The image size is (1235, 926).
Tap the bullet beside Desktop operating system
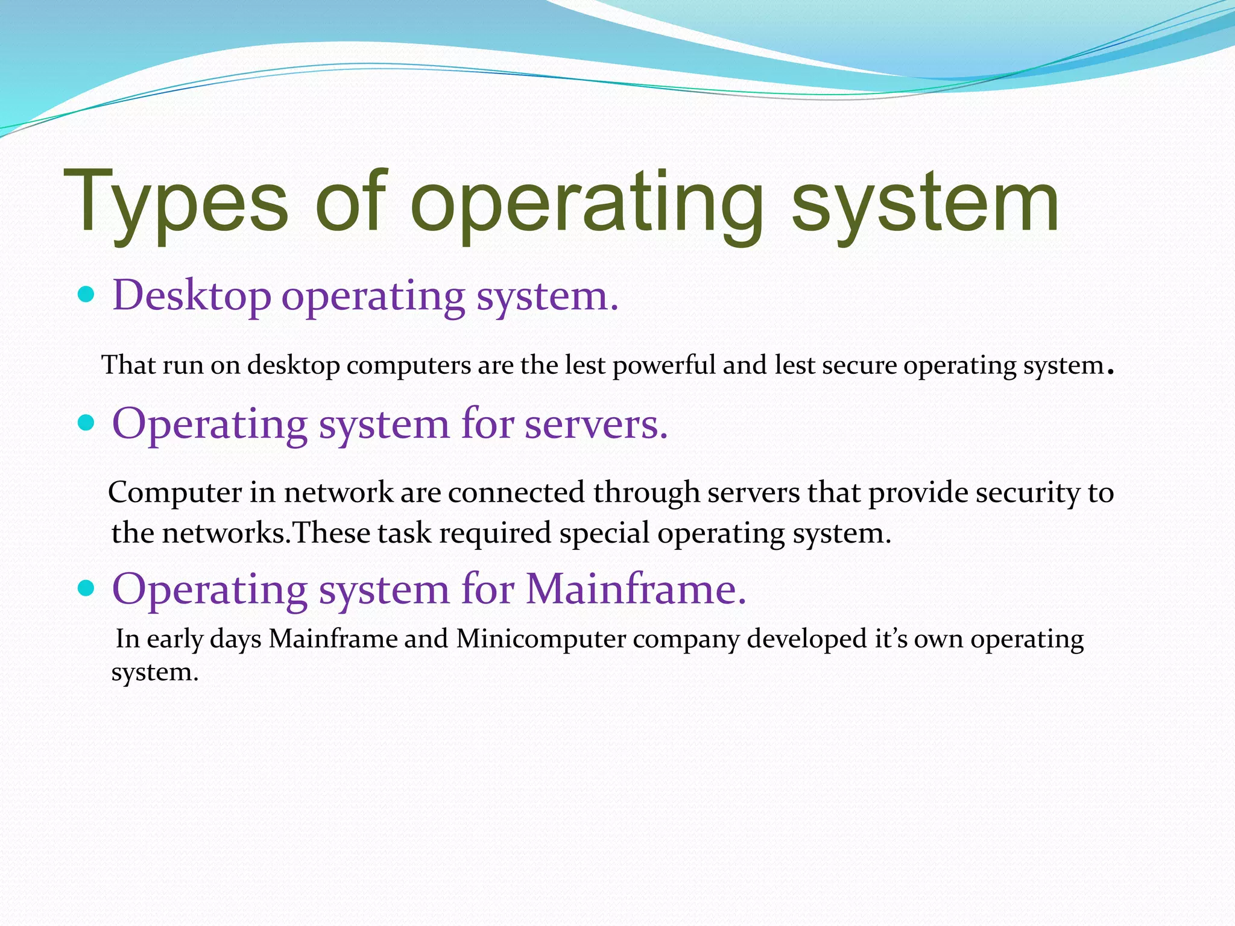[x=87, y=295]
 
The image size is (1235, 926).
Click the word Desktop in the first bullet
[x=192, y=296]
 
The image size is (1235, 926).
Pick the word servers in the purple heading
[x=596, y=424]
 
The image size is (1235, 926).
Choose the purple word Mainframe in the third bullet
[x=636, y=588]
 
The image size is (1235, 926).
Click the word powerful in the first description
[x=664, y=365]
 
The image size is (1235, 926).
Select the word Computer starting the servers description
[x=175, y=493]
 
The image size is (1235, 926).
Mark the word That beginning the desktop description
[x=128, y=365]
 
